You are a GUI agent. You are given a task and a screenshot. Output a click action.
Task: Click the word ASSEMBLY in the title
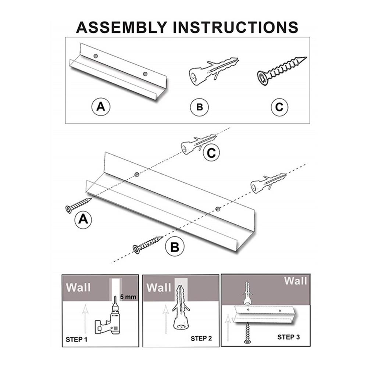pyautogui.click(x=122, y=27)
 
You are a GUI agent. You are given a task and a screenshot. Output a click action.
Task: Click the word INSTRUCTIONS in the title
pyautogui.click(x=235, y=27)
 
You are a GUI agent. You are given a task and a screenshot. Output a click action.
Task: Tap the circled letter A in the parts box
pyautogui.click(x=101, y=107)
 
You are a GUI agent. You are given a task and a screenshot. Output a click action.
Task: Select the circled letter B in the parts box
pyautogui.click(x=200, y=107)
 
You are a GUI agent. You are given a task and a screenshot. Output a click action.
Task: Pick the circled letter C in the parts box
pyautogui.click(x=279, y=107)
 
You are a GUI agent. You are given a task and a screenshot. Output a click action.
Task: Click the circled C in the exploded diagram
pyautogui.click(x=211, y=153)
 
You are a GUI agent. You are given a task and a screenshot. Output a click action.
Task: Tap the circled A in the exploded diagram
pyautogui.click(x=83, y=220)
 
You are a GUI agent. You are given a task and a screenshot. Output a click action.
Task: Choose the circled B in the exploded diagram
pyautogui.click(x=175, y=247)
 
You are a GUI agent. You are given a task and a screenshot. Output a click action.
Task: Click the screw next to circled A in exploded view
pyautogui.click(x=78, y=206)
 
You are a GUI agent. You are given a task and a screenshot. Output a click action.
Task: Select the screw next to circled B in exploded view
pyautogui.click(x=147, y=245)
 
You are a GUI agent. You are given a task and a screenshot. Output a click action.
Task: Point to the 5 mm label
pyautogui.click(x=128, y=297)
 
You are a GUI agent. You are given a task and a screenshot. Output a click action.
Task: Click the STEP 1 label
pyautogui.click(x=76, y=339)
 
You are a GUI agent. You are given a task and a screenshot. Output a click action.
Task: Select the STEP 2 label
pyautogui.click(x=201, y=338)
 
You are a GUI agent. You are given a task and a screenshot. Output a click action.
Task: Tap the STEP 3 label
pyautogui.click(x=289, y=337)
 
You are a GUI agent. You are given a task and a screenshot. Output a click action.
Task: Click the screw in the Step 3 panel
pyautogui.click(x=247, y=333)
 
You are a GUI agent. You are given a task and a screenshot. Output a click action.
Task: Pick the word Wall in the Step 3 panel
pyautogui.click(x=296, y=281)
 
